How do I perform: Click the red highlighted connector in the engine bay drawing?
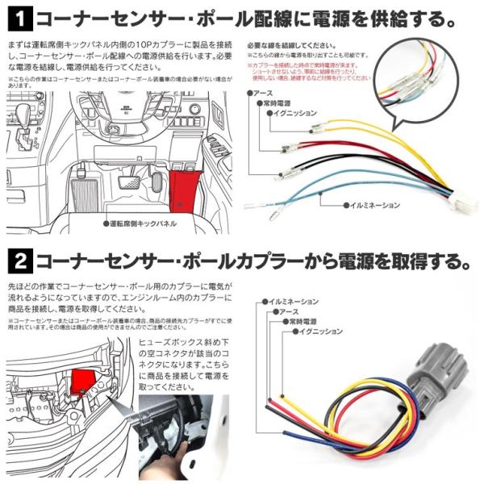82,380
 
